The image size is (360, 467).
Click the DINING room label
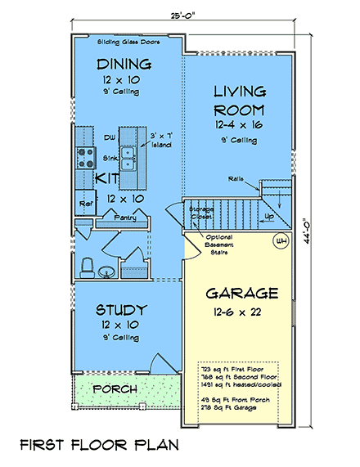click(x=124, y=64)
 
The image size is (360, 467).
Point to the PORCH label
click(x=114, y=388)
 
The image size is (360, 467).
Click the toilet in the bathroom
click(x=88, y=266)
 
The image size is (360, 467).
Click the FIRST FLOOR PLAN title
click(x=99, y=446)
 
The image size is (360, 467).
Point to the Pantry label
click(x=125, y=219)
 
